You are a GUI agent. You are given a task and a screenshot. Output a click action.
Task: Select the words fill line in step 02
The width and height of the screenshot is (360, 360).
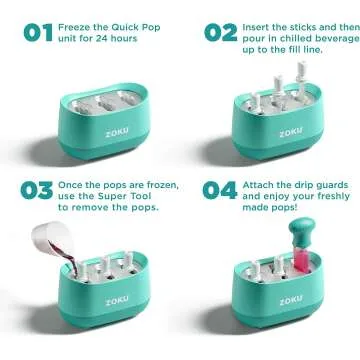click(304, 49)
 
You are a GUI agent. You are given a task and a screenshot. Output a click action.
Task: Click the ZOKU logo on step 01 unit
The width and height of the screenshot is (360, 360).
click(93, 129)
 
